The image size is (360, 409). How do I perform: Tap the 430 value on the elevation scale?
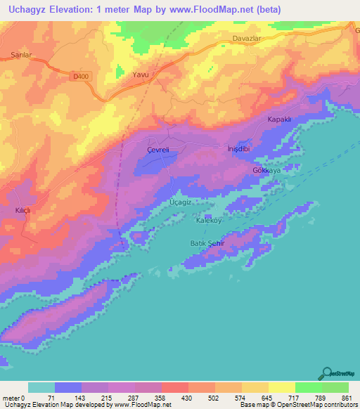tap(188, 397)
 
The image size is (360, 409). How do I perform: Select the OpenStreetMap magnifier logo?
tap(327, 374)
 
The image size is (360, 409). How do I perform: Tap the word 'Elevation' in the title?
tap(71, 10)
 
